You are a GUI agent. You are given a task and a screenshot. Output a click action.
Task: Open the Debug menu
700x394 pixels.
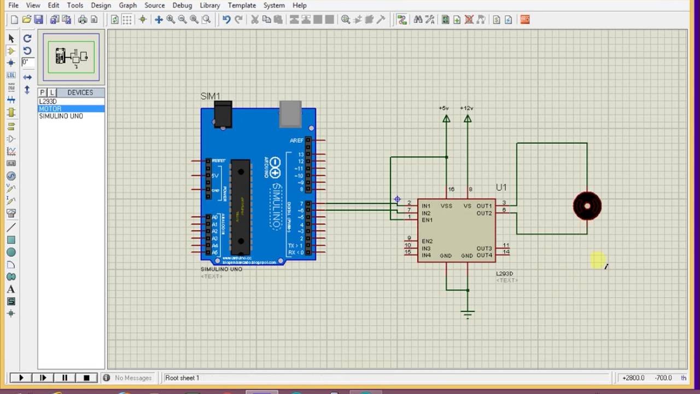[x=182, y=5]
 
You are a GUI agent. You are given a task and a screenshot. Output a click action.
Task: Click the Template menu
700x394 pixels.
[x=242, y=5]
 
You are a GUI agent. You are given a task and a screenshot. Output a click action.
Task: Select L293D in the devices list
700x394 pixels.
[x=48, y=102]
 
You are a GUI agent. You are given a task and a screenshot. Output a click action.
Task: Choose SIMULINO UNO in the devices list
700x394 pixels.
[x=61, y=116]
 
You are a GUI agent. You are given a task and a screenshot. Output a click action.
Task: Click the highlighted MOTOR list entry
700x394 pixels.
[x=50, y=109]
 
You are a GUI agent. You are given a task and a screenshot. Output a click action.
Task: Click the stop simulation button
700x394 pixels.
[x=86, y=378]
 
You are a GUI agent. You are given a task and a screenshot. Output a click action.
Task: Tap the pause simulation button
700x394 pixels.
[x=65, y=378]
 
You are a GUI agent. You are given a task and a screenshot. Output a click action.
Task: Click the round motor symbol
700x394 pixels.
[x=587, y=206]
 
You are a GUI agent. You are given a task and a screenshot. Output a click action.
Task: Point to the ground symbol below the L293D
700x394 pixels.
[x=467, y=314]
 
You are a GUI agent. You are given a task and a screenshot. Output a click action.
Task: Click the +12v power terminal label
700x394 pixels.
[x=466, y=108]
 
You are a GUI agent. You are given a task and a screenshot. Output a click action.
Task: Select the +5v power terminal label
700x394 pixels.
[x=444, y=108]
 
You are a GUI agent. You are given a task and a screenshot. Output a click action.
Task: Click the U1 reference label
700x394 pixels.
[x=501, y=188]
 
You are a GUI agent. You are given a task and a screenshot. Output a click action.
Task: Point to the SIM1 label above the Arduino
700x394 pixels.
[x=210, y=96]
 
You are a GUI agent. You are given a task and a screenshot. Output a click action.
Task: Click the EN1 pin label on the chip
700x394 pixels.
[x=427, y=220]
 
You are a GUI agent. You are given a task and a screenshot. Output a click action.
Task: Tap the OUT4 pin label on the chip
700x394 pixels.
[x=484, y=256]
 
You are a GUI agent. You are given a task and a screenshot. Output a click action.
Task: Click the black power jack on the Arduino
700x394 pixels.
[x=223, y=114]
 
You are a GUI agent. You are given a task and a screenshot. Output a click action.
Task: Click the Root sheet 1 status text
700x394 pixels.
[x=182, y=378]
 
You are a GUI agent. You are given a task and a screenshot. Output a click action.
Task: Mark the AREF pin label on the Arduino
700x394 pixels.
[x=296, y=141]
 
